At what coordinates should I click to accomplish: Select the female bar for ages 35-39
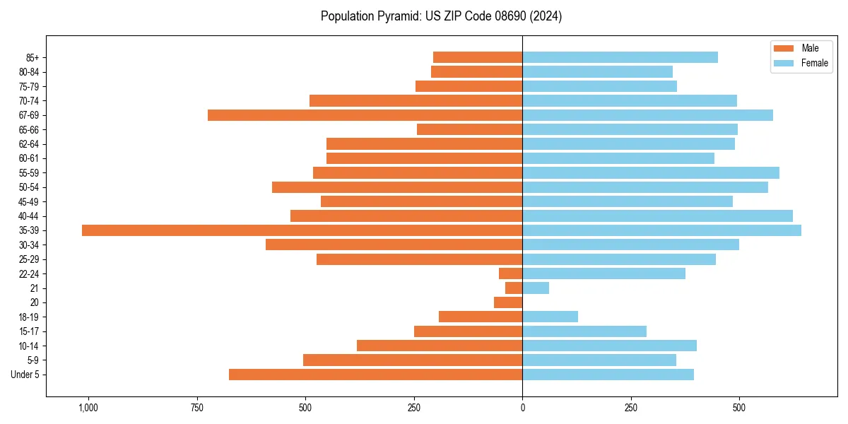tap(661, 230)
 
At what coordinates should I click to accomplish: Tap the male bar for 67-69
tap(365, 115)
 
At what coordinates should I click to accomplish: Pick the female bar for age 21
tap(536, 288)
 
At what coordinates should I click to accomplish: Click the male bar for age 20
tap(508, 302)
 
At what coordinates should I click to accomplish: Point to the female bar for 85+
tap(620, 57)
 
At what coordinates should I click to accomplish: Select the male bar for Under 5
tap(375, 375)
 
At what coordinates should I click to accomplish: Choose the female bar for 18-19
tap(550, 317)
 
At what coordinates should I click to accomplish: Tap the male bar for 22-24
tap(511, 273)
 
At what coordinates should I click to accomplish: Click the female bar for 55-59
tap(651, 172)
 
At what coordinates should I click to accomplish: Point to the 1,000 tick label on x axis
tap(88, 408)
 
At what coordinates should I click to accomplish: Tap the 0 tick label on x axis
tap(522, 408)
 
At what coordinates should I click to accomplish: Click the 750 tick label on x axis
tap(196, 408)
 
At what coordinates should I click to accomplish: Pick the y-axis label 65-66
tap(29, 129)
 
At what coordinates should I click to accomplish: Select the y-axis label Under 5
tap(25, 375)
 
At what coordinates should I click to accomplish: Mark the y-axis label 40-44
tap(29, 216)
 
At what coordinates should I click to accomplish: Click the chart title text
tap(441, 16)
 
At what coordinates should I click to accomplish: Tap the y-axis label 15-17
tap(29, 331)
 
